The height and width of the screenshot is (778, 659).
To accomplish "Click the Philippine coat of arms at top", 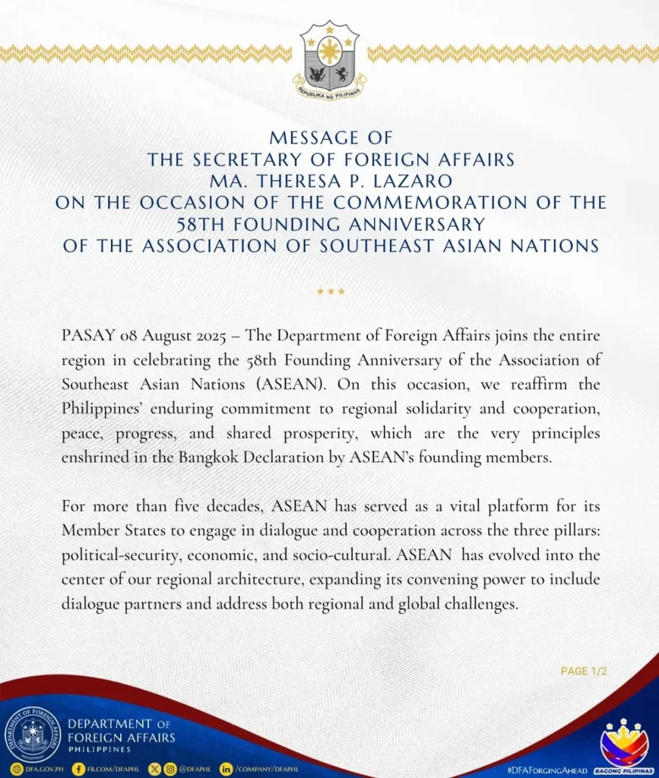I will click(329, 60).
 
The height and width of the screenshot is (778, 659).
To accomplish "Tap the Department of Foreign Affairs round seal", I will click(33, 735).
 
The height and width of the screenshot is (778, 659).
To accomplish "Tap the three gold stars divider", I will click(330, 291).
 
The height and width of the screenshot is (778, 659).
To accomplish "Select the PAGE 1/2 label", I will click(584, 671).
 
